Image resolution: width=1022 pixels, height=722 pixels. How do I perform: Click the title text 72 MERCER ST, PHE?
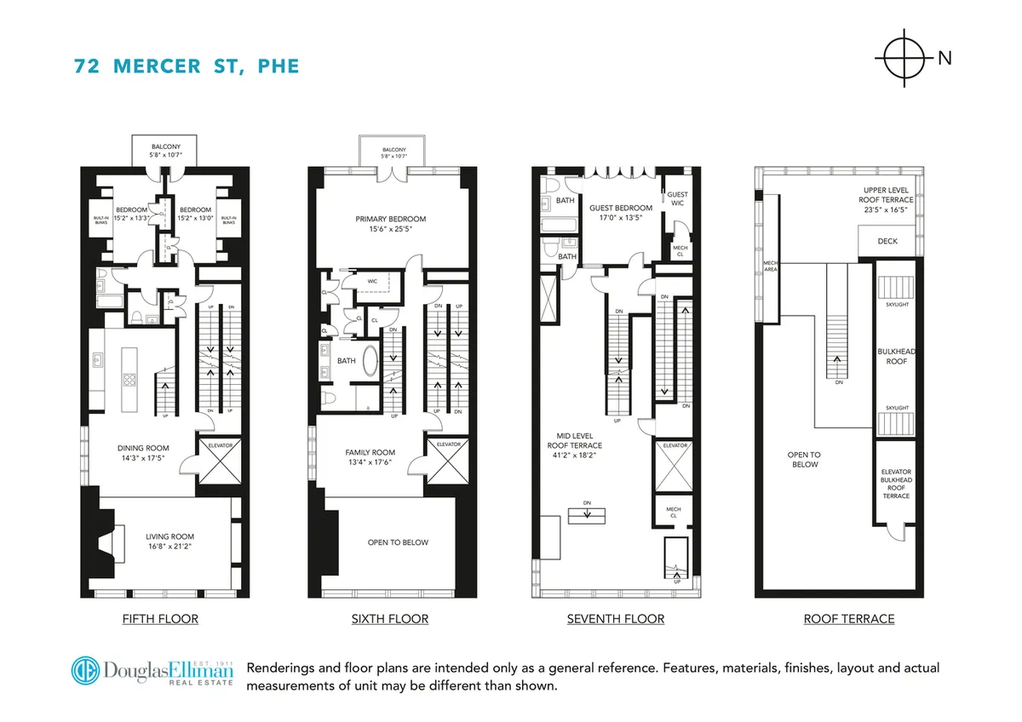187,66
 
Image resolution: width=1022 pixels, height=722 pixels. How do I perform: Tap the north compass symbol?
904,59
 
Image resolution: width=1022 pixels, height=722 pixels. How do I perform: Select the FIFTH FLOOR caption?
160,619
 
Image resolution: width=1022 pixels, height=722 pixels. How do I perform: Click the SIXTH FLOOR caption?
390,619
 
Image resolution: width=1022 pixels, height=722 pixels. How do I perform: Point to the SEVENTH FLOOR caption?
615,619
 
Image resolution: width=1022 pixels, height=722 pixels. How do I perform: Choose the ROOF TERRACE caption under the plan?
848,619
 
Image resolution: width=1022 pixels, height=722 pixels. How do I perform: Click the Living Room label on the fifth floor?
169,536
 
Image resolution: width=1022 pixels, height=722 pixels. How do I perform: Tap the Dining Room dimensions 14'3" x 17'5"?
143,459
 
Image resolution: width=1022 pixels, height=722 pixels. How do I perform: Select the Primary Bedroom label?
390,219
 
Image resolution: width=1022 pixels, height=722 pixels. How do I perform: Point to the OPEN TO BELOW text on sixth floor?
398,542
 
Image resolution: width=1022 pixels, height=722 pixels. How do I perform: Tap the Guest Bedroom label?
621,208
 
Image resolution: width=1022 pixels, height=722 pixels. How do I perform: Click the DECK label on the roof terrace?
887,241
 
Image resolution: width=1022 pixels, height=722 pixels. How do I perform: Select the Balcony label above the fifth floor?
160,146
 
